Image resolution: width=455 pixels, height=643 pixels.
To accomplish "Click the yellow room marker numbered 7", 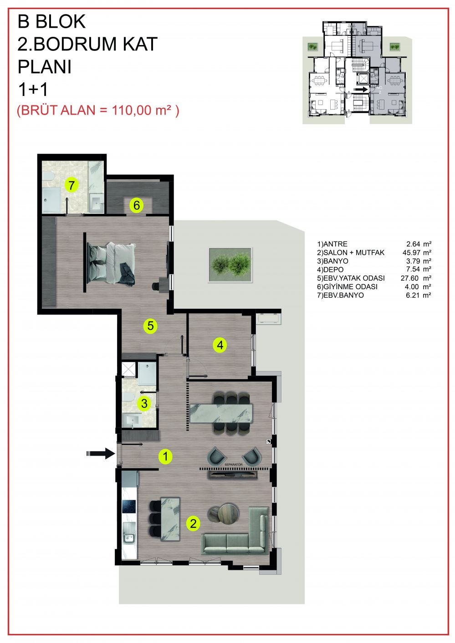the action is click(72, 185).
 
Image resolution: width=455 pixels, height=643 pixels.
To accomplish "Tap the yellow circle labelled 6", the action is click(137, 205).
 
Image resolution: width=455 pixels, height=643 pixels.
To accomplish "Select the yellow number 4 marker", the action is click(220, 345).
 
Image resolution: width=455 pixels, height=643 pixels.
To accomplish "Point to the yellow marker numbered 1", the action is click(165, 456).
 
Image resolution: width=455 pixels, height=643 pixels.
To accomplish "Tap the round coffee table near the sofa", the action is click(228, 514).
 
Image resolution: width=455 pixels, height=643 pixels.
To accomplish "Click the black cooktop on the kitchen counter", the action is click(129, 507).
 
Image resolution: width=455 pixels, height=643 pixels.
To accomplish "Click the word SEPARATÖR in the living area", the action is click(233, 464).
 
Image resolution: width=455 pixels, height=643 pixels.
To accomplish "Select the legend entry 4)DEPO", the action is click(330, 270).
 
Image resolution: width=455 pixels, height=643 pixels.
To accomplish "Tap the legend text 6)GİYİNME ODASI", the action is click(347, 286).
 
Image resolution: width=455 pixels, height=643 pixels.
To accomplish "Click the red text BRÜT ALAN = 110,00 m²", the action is click(98, 110).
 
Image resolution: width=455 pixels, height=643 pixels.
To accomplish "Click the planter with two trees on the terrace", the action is click(230, 265).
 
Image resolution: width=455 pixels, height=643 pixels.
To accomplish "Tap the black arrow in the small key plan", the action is click(361, 90).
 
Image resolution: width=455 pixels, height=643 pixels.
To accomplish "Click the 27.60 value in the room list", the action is click(409, 278).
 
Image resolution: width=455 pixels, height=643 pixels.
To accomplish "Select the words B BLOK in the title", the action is click(52, 21).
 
